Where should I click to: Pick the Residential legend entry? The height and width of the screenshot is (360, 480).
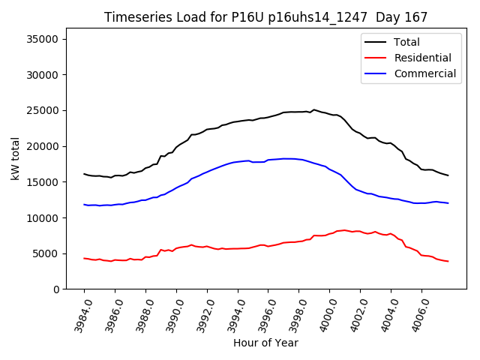click(x=422, y=58)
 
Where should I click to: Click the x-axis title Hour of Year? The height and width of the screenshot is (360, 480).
click(x=265, y=343)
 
